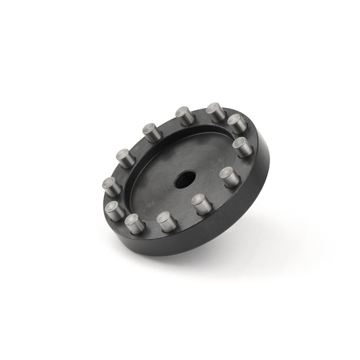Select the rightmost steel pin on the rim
click(239, 146)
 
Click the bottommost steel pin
click(165, 221)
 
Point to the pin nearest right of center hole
click(227, 176)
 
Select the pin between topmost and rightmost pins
click(234, 124)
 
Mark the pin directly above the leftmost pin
click(123, 157)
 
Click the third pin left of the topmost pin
click(123, 157)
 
